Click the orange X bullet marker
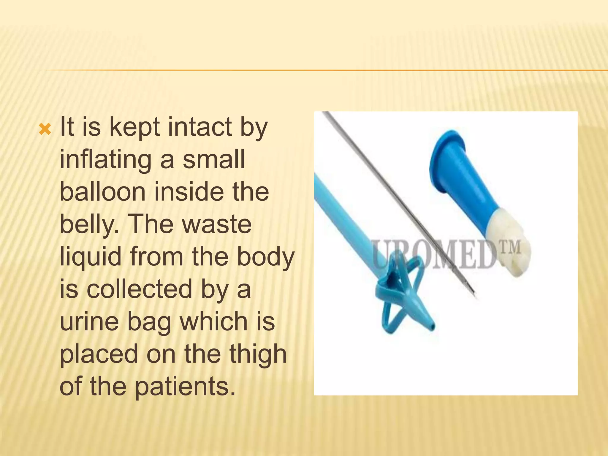(45, 129)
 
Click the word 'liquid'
(91, 257)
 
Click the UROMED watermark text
(439, 255)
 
